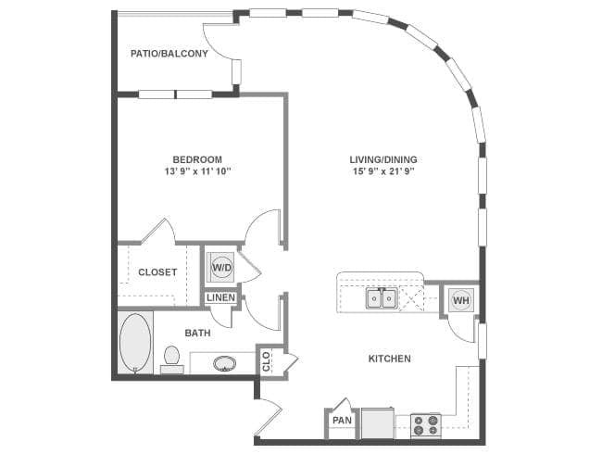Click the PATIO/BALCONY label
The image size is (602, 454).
(169, 54)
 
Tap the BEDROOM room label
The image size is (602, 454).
(197, 159)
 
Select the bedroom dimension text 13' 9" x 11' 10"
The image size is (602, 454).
(197, 171)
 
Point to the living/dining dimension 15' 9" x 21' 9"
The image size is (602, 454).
(383, 171)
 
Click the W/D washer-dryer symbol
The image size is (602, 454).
(222, 267)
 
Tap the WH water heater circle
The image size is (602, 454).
(461, 300)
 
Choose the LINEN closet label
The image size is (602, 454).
(220, 297)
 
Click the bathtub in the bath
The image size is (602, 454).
(135, 343)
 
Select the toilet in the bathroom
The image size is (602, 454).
(171, 359)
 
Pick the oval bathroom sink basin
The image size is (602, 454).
(225, 363)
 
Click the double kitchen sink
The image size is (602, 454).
(381, 298)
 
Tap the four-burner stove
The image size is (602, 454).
(425, 425)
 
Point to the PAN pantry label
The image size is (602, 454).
(342, 421)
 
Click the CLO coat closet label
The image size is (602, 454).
(266, 362)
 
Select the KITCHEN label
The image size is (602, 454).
(390, 359)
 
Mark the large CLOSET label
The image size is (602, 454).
(157, 272)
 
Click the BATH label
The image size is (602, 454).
(197, 333)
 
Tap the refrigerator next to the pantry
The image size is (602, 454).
(378, 422)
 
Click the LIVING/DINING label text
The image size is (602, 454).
(383, 159)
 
